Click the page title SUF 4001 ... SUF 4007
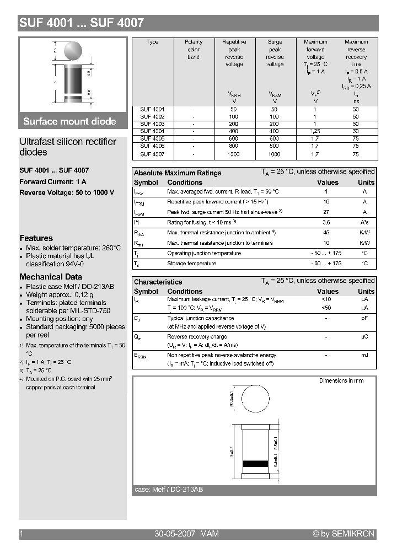[82, 23]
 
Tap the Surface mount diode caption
[69, 121]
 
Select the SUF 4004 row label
[152, 131]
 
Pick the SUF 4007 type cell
[152, 154]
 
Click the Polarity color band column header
[194, 49]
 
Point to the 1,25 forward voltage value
[315, 131]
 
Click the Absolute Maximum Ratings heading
[178, 173]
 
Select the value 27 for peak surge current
[326, 212]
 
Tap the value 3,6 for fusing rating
[326, 222]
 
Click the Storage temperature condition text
[191, 264]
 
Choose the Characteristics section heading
[158, 282]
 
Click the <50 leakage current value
[326, 307]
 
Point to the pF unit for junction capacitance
[364, 318]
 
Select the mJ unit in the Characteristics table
[364, 355]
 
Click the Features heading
[36, 238]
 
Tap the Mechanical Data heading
[51, 277]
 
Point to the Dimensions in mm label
[341, 380]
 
